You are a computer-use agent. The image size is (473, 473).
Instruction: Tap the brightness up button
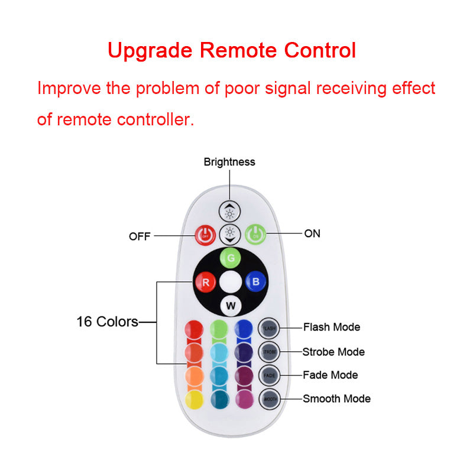(229, 211)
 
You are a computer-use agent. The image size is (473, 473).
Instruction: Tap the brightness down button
(229, 234)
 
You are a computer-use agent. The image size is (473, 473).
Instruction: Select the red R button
(205, 281)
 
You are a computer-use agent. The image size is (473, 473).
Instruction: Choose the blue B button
(255, 281)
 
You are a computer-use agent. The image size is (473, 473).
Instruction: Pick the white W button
(230, 306)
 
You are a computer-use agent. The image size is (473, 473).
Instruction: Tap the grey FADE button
(268, 375)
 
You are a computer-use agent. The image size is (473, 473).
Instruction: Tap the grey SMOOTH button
(268, 399)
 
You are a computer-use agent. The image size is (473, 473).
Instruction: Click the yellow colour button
(193, 400)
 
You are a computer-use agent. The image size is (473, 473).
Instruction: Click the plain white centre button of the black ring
(230, 281)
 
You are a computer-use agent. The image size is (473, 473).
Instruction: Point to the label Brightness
(229, 161)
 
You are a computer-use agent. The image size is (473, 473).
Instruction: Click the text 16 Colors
(107, 322)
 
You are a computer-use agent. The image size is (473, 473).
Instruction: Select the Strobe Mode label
(333, 352)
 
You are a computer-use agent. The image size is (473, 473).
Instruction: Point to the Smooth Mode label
(336, 399)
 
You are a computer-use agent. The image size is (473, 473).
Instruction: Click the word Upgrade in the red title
(151, 50)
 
